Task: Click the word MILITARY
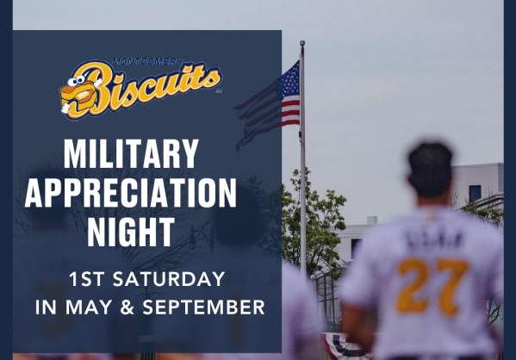(131, 156)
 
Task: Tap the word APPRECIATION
(131, 194)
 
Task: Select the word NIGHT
(131, 231)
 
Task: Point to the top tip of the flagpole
(302, 42)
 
